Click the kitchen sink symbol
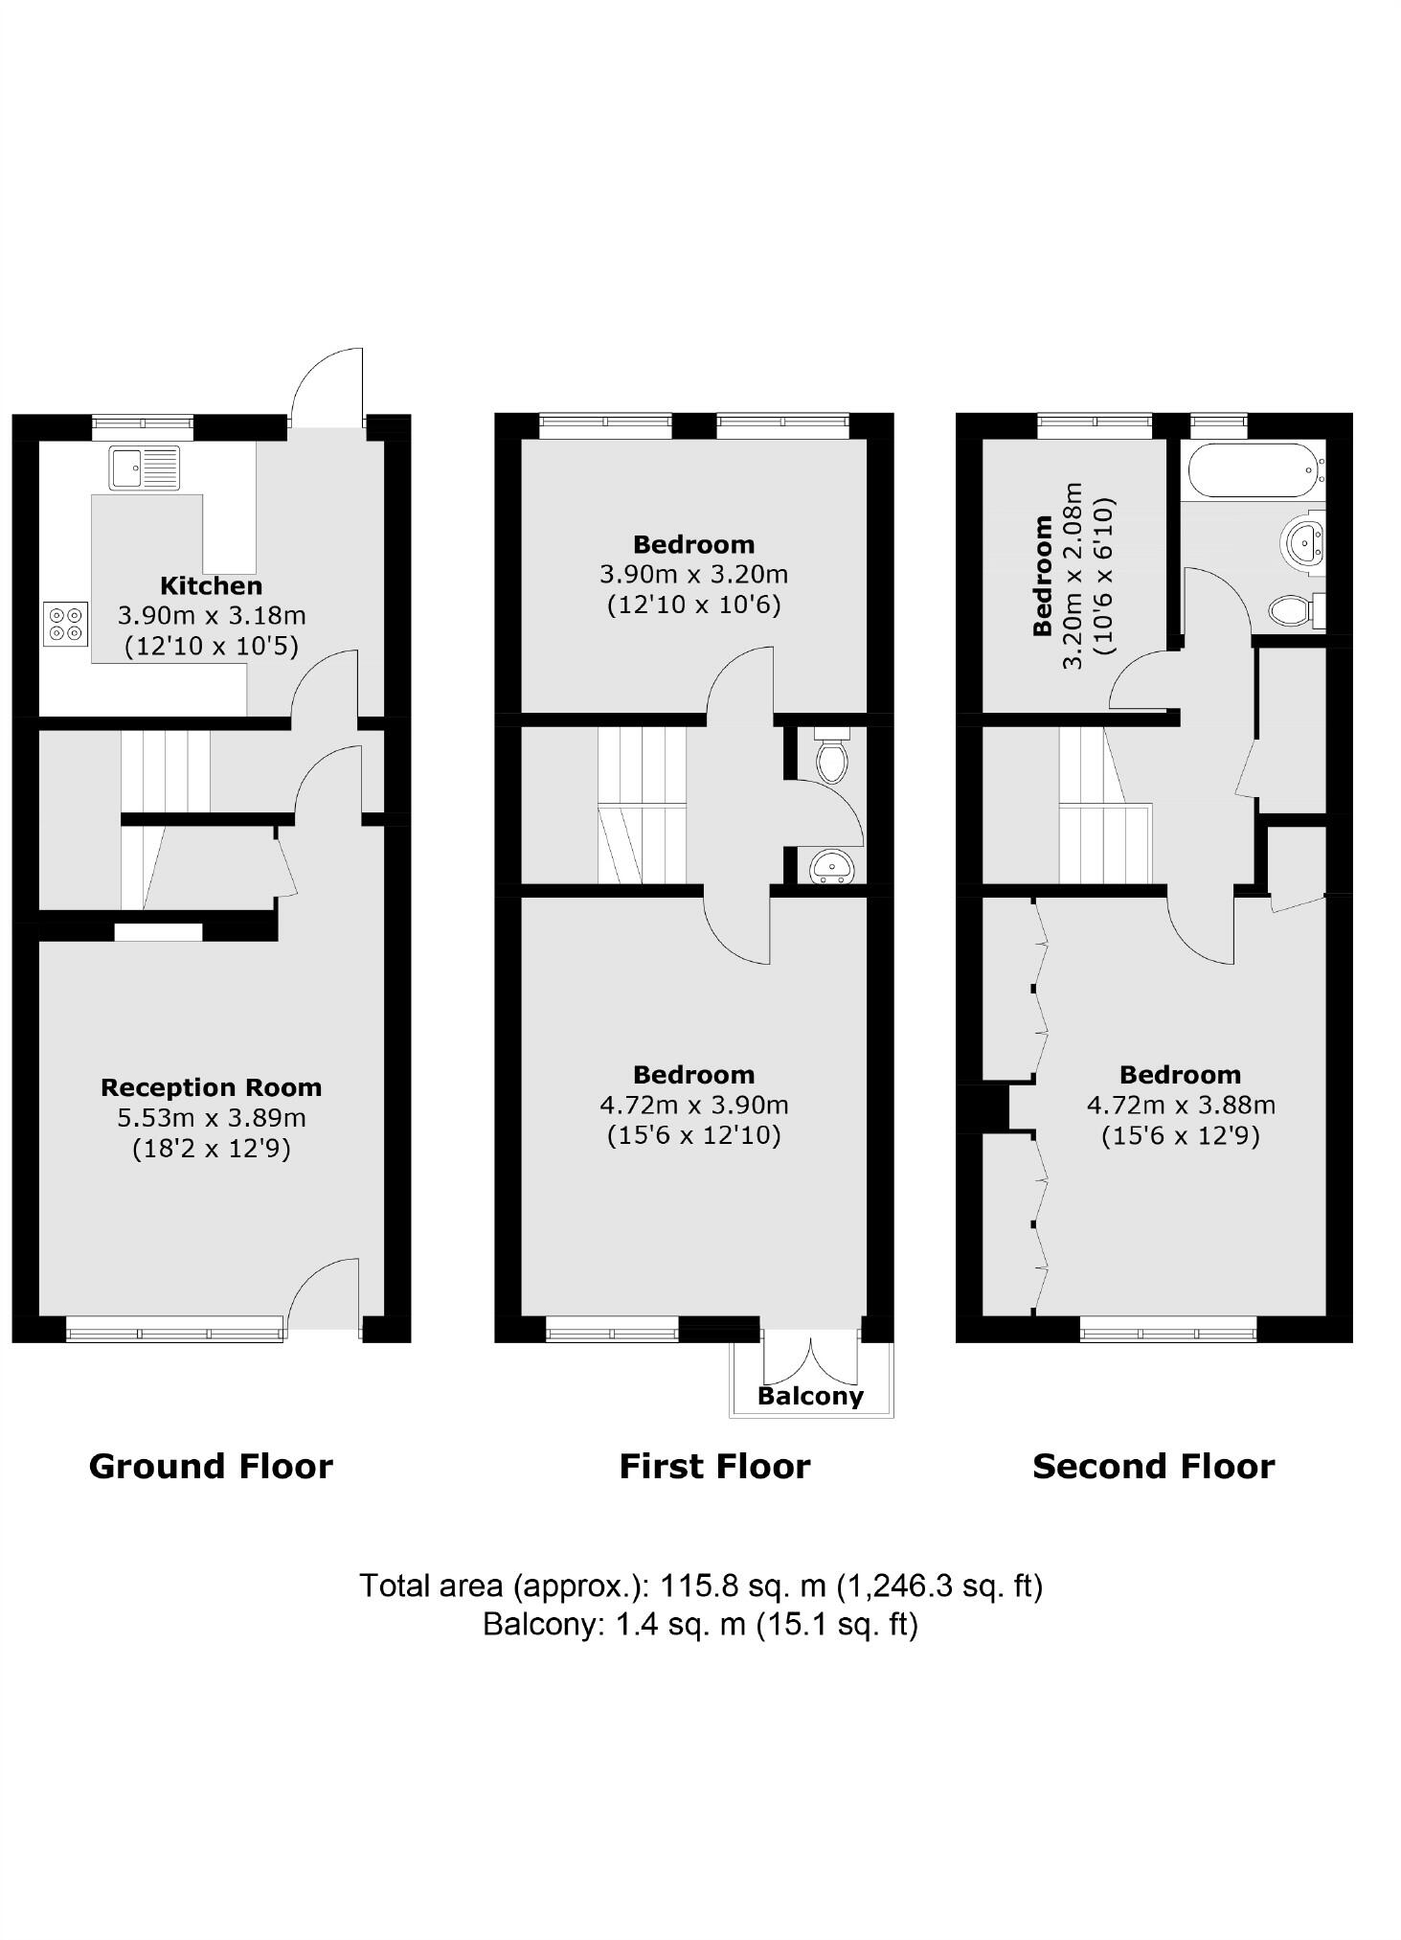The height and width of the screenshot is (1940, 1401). (144, 468)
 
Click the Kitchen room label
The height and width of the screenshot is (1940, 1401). (211, 585)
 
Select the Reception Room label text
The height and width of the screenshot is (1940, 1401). (211, 1087)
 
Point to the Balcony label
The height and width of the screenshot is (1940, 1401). (810, 1396)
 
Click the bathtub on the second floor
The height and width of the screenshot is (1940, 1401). (1254, 469)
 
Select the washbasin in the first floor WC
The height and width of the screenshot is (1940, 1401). (831, 867)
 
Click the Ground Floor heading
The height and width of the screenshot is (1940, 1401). (211, 1467)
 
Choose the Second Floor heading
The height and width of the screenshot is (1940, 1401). (1153, 1467)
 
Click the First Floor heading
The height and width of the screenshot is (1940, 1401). (714, 1467)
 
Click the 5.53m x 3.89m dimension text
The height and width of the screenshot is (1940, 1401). (211, 1117)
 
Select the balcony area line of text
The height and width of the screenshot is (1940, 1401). (700, 1625)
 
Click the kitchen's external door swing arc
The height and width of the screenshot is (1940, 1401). (321, 378)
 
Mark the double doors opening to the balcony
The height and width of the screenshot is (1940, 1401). (811, 1358)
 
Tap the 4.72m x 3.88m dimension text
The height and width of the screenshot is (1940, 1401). (1180, 1105)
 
